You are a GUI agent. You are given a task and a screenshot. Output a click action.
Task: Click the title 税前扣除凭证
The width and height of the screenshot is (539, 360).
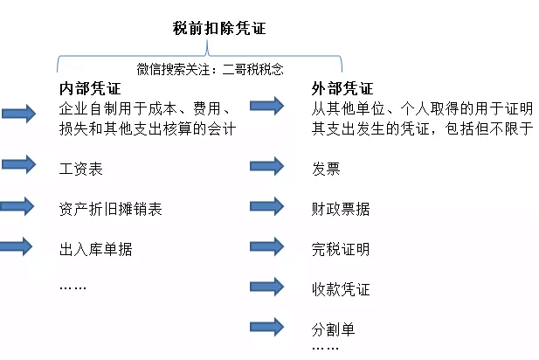point(219,28)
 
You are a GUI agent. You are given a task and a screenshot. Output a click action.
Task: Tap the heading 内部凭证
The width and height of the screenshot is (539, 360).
point(90,88)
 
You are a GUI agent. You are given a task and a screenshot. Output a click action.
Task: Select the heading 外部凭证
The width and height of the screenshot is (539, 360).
point(342,88)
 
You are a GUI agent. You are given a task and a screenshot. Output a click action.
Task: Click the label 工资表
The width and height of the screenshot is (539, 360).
point(81,169)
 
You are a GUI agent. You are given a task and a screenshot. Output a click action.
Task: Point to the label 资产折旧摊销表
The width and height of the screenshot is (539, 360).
point(110,209)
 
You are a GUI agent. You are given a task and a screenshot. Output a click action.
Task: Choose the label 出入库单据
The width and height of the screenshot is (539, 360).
point(95,249)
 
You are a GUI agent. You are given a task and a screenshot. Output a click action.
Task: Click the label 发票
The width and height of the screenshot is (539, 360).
point(326,169)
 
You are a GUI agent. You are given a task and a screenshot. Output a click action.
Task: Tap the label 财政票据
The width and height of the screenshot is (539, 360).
point(341,209)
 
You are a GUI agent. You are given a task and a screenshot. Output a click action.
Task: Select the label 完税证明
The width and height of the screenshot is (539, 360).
point(341,249)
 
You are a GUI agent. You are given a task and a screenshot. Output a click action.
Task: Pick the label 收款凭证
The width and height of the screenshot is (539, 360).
point(341,289)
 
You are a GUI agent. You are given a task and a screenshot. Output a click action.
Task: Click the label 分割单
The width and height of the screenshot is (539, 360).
point(333,329)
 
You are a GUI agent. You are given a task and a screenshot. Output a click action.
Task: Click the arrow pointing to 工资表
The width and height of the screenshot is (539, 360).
point(19,164)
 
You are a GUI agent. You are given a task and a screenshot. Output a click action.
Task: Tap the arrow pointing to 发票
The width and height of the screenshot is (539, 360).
point(267,166)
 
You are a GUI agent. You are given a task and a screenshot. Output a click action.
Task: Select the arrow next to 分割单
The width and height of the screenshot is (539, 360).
point(267,327)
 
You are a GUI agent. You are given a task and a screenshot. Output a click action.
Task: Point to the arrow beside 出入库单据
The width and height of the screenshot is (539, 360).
point(16,246)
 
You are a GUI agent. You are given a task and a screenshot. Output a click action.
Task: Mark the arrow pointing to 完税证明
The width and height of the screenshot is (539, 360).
point(267,246)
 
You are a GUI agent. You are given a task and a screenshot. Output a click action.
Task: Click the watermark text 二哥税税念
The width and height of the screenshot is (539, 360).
point(253,69)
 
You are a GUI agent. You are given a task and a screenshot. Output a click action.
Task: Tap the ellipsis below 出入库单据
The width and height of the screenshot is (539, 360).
point(73,287)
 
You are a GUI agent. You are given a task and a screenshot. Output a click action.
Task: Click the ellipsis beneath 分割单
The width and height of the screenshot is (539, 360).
point(325,349)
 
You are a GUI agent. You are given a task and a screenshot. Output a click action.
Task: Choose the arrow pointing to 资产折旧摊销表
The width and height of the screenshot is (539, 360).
point(17,206)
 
